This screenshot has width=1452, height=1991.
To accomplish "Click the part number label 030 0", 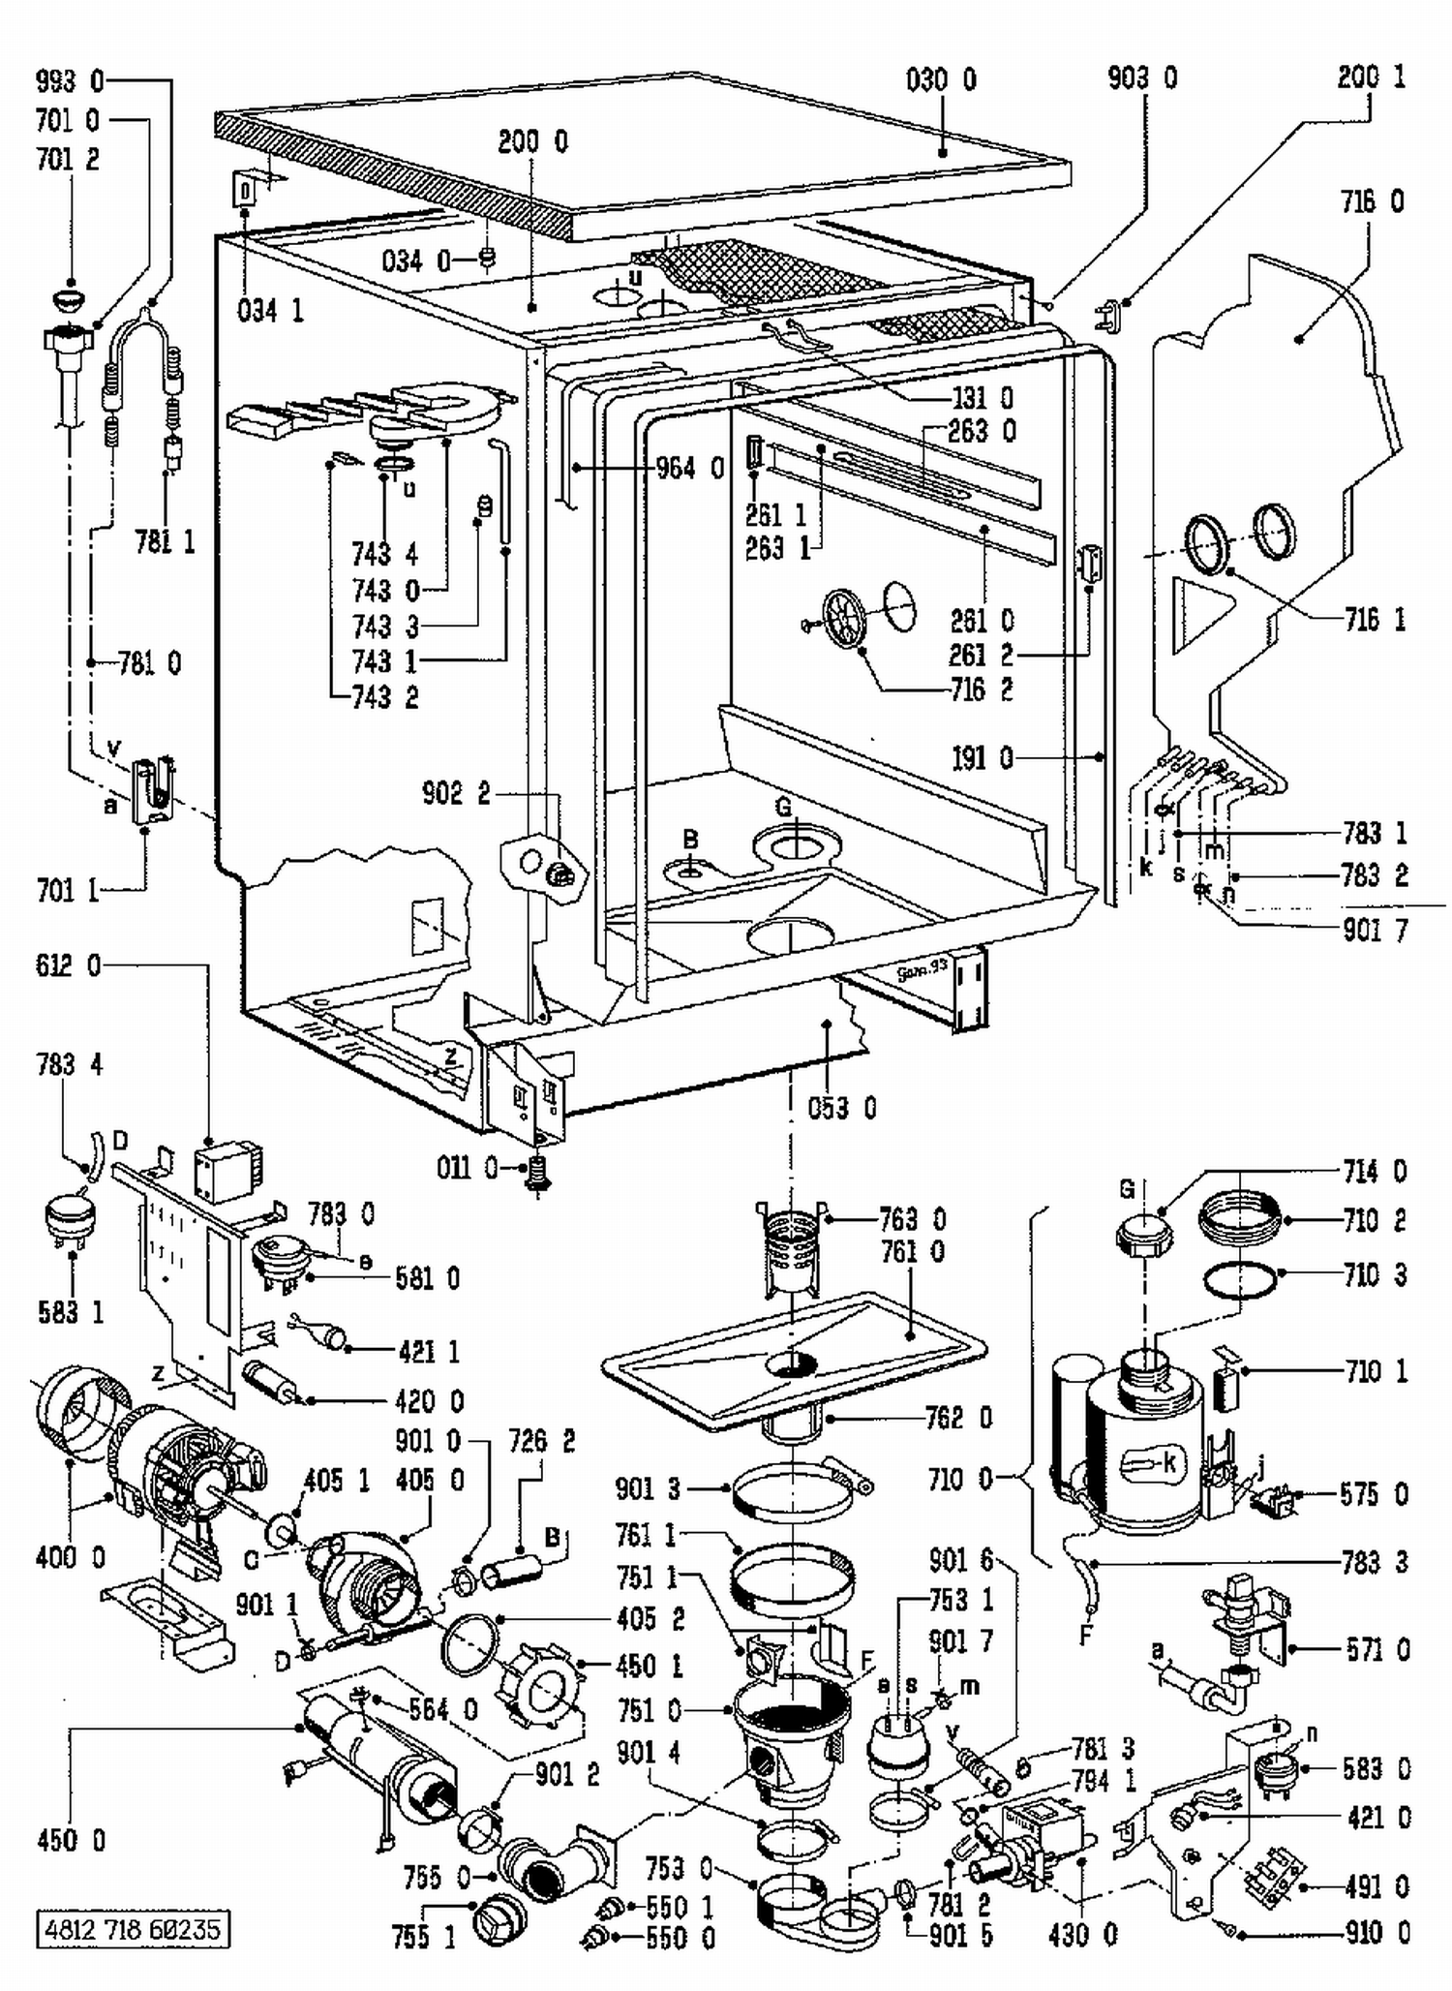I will coord(941,78).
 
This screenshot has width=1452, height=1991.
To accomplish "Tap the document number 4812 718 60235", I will coord(133,1929).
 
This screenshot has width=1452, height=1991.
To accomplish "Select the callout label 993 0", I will coord(69,80).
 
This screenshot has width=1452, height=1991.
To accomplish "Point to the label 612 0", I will coord(68,965).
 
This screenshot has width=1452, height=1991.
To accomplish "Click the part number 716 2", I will coord(981,690).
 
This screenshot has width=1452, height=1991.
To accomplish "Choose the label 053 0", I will coord(842,1108).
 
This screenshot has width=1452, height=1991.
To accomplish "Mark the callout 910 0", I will coord(1376,1934).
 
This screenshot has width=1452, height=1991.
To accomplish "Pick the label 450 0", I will coord(71,1841).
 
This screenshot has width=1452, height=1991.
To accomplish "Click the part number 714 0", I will coord(1375,1172).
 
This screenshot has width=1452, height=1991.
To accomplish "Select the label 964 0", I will coord(689,469).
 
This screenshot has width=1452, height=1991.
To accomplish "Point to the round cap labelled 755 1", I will coord(499,1919).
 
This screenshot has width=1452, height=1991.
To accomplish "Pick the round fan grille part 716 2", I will coord(844,618).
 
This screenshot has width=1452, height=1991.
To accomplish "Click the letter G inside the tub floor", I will coord(784,807).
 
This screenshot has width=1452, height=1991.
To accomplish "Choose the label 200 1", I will coord(1371,78).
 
